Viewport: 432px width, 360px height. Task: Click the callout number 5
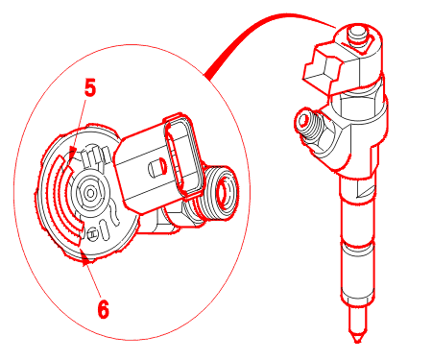90,87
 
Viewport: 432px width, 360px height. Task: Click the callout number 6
103,309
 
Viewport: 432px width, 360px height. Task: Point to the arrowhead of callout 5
72,153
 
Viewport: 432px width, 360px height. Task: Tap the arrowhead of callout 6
84,258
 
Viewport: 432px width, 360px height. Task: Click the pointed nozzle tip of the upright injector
357,339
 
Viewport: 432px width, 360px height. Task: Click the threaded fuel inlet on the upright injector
308,125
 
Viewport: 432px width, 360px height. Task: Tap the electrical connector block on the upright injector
322,69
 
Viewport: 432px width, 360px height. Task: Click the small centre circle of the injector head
90,193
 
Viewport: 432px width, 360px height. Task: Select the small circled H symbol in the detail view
92,233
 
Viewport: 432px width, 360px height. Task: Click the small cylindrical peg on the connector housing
157,168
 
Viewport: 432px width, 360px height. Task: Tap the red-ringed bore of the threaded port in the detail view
222,191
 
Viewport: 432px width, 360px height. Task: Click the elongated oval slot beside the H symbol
105,229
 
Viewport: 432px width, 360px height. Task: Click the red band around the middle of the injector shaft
358,246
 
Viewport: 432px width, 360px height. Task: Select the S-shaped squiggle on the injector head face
114,213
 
